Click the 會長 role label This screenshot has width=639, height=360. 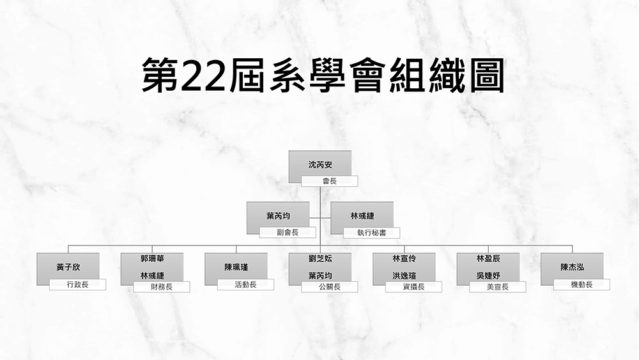(330, 181)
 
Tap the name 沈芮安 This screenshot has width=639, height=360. (320, 165)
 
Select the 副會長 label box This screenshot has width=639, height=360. (288, 232)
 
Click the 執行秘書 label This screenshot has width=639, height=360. (372, 233)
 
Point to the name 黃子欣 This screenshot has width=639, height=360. (68, 267)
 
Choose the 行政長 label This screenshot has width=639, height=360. (77, 285)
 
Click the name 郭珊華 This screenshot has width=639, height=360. (152, 258)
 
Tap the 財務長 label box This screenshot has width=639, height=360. (162, 286)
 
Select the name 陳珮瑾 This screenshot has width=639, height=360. (236, 267)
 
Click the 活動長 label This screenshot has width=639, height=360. (245, 285)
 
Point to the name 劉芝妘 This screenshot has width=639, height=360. (320, 258)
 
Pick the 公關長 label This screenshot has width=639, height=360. (330, 286)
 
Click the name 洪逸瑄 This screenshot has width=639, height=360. (404, 276)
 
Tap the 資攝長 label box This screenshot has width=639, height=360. (413, 286)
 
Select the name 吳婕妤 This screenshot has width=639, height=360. (488, 276)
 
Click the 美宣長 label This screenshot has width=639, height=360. (498, 286)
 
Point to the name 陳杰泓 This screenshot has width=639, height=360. (572, 267)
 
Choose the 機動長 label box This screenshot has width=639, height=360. (581, 285)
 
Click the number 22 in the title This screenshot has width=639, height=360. (203, 76)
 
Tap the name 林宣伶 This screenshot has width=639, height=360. (404, 258)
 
